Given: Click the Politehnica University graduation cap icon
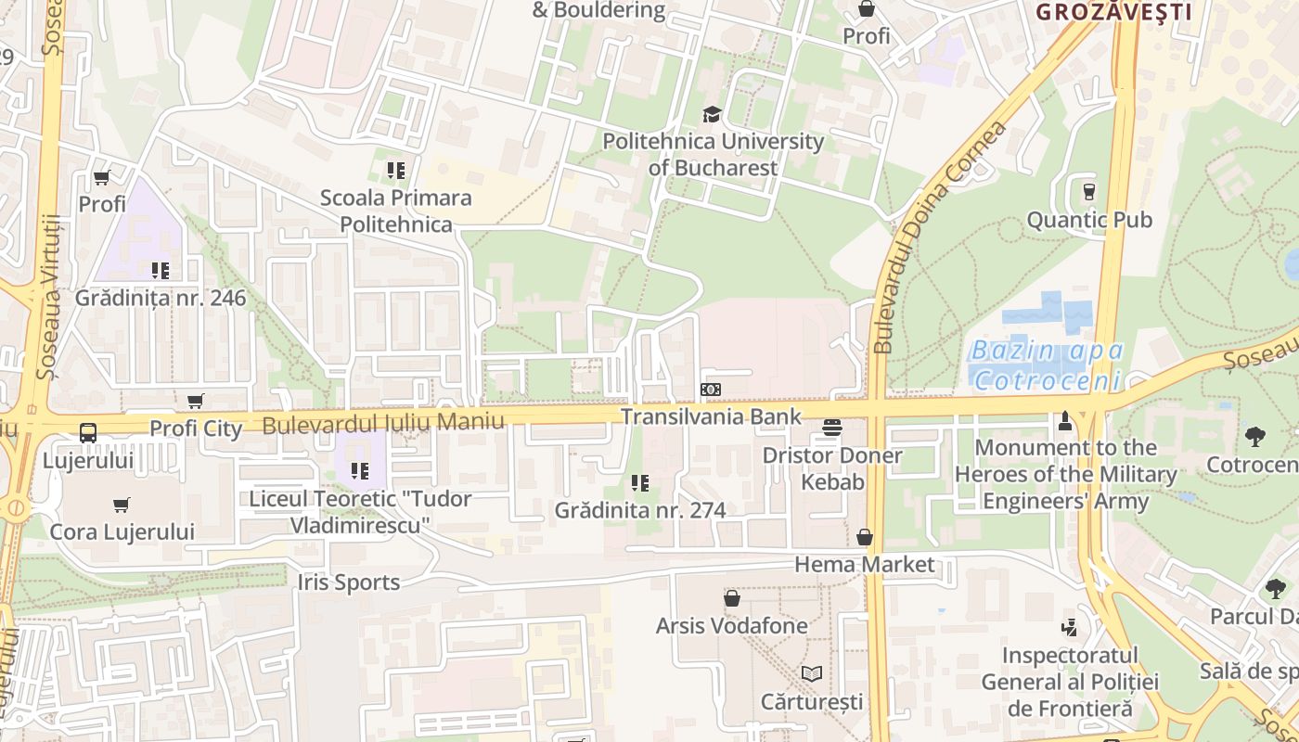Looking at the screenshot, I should pos(712,114).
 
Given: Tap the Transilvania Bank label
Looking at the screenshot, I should pos(711,416).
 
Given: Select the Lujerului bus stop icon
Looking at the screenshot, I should pos(88,432).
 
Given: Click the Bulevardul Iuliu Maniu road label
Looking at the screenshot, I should pos(383,424).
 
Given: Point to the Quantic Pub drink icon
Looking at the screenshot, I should pos(1089,192).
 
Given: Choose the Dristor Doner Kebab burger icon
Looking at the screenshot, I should pos(832,428).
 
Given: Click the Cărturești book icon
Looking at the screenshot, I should pos(812,673).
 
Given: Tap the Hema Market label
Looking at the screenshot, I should pos(865,565).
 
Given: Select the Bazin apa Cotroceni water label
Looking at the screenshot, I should pos(1048,365).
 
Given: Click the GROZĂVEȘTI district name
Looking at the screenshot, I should pos(1113,12).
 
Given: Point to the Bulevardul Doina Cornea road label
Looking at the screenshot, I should pos(940,237).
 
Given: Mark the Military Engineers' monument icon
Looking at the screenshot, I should pos(1065,421).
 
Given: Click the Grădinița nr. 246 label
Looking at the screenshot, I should pos(161,298).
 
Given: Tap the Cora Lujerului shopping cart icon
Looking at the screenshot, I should pos(122,505).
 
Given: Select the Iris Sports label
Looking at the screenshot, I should pos(349,582).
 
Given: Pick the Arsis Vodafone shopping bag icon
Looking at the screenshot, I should pos(732,598).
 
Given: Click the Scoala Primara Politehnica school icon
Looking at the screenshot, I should pos(396,171).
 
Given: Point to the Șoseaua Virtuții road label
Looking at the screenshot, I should pos(49,297).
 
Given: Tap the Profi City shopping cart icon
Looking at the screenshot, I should pos(196,401).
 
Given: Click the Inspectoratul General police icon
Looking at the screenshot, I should pos(1070,628).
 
